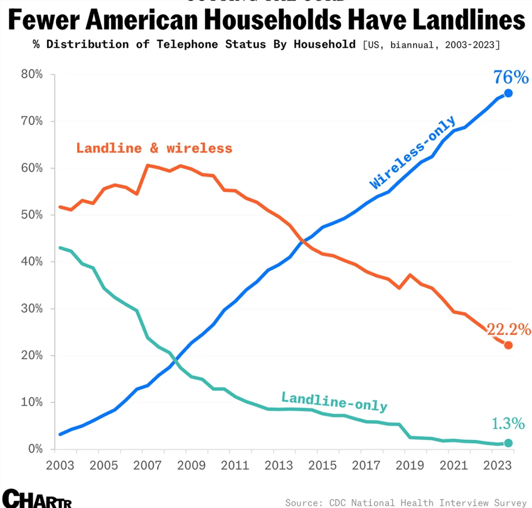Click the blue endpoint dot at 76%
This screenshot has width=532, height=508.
(x=508, y=93)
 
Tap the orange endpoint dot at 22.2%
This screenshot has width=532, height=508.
(x=508, y=345)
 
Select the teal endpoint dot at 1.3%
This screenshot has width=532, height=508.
(x=508, y=443)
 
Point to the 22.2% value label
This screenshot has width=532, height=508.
(x=509, y=329)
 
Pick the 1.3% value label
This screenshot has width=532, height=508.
(x=508, y=424)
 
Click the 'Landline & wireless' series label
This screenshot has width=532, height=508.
(x=154, y=148)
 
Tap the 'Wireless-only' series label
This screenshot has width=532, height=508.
(x=413, y=152)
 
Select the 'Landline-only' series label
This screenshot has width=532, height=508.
(x=334, y=402)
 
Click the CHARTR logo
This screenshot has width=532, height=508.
(x=37, y=498)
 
